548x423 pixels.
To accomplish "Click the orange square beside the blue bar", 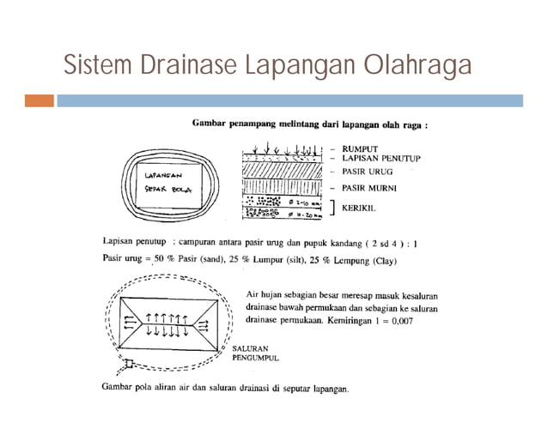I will pos(38,100).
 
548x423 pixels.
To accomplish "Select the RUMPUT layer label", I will pos(360,149).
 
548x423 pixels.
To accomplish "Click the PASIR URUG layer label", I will pos(367,172).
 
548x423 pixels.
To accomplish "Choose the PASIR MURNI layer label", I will pos(370,187).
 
